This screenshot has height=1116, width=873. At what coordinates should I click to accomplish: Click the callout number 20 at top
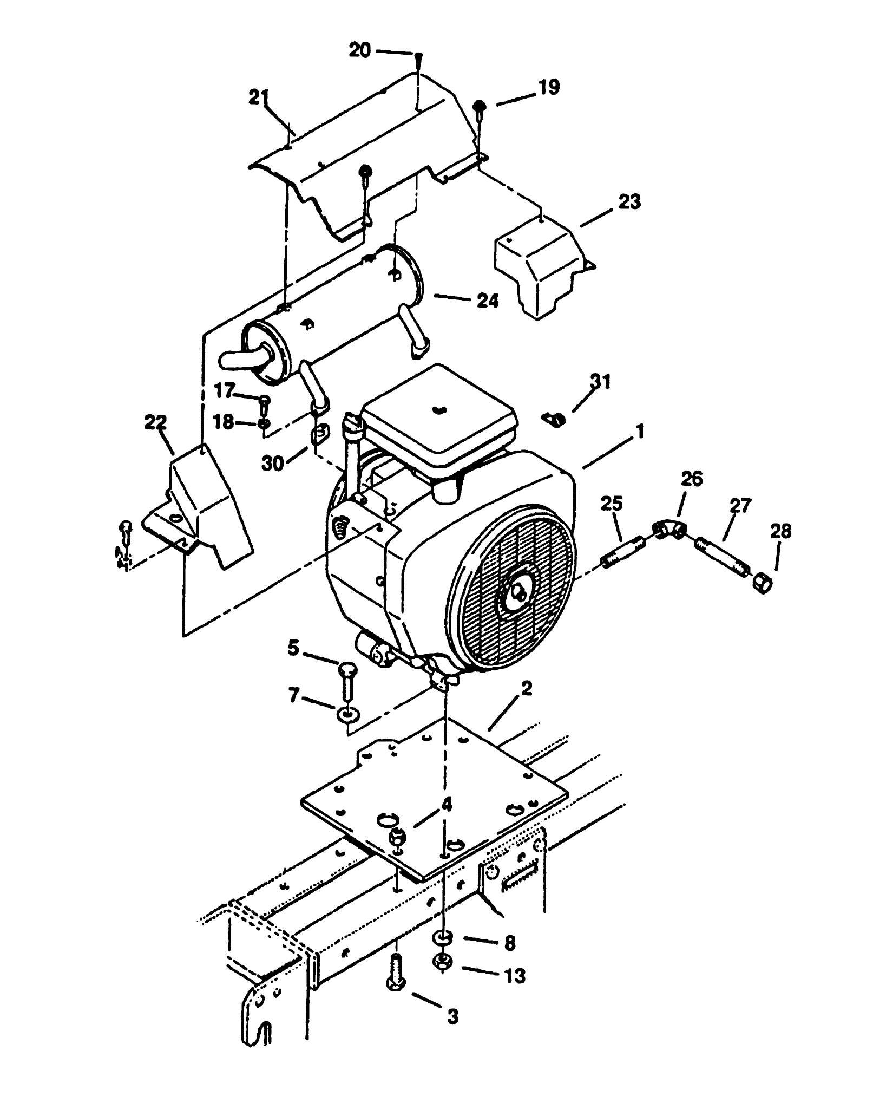[x=359, y=50]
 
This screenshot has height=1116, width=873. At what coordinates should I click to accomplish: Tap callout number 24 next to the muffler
[x=488, y=301]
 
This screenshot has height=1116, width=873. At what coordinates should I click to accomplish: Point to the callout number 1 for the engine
[x=640, y=432]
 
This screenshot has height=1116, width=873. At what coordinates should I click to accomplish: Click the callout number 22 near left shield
[x=155, y=422]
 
